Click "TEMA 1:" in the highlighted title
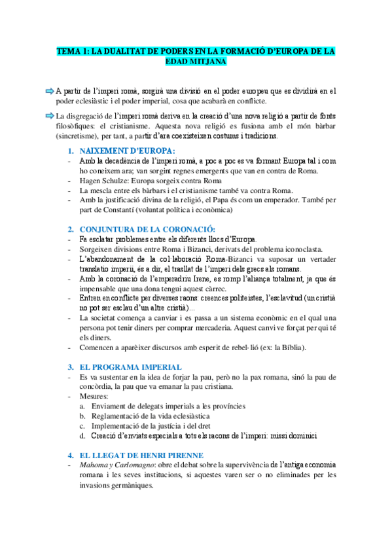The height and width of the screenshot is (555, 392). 71,50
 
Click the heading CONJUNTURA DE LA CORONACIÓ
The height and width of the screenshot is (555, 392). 147,229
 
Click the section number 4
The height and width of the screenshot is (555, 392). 71,455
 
